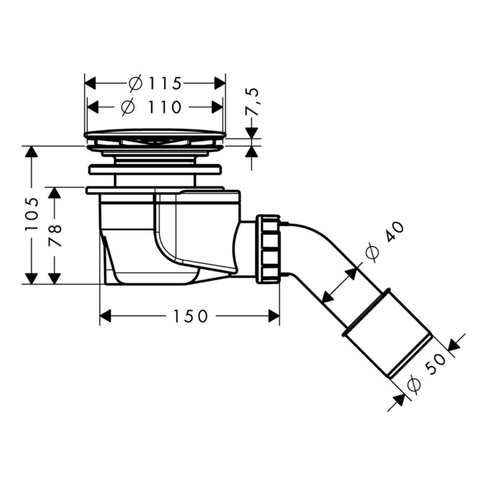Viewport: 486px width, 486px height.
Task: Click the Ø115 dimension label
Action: tap(155, 83)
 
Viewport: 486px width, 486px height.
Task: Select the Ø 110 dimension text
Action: tap(153, 107)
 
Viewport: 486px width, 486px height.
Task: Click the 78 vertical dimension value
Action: tap(55, 235)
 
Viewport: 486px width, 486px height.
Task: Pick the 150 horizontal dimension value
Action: tap(190, 316)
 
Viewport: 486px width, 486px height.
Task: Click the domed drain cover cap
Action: tap(155, 134)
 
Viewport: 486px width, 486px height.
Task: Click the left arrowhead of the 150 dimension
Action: tap(105, 316)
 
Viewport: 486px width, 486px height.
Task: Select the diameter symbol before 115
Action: tap(135, 83)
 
